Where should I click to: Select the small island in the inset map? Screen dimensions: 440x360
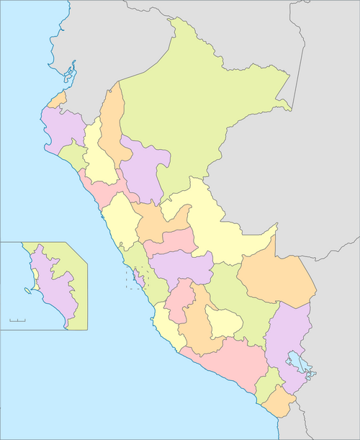(28, 290)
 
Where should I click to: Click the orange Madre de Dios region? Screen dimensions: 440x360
(277, 277)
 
